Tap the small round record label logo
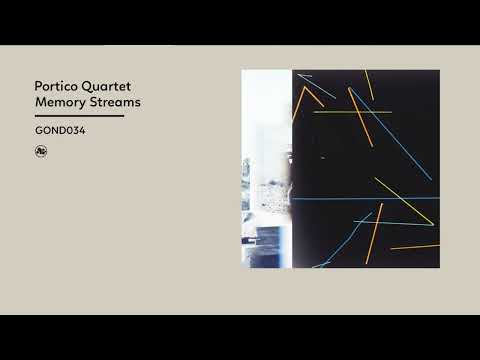[40, 152]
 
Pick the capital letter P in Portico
[38, 86]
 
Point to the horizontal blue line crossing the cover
[360, 198]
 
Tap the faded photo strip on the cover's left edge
[265, 170]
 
